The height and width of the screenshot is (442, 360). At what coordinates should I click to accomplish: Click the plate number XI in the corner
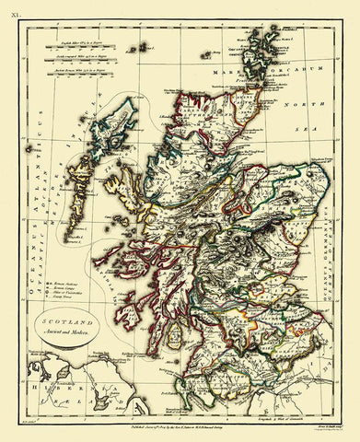[13, 8]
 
